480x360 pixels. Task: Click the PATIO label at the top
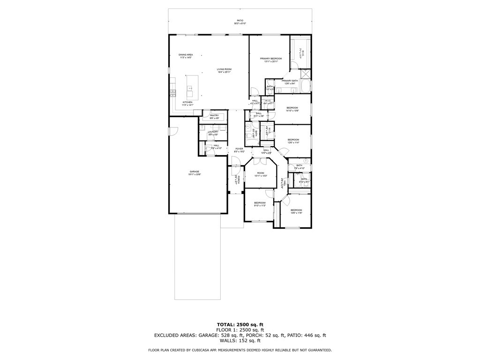coord(240,21)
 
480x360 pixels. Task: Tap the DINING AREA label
coord(186,55)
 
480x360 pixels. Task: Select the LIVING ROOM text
coord(224,69)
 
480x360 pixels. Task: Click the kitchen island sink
coord(190,88)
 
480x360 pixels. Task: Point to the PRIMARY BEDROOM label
coord(271,59)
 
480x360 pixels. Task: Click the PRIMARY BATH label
coord(289,81)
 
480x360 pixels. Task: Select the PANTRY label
coord(214,115)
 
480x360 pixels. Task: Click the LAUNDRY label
coord(213,132)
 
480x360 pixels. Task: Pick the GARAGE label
coord(195,172)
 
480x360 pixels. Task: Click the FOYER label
coord(240,149)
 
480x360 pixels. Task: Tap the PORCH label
coord(239,180)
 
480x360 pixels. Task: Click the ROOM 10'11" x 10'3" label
coord(261,173)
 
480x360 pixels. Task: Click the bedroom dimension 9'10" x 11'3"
coord(260,205)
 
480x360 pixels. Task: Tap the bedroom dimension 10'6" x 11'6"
coord(296,212)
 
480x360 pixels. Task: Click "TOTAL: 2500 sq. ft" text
coord(240,324)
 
